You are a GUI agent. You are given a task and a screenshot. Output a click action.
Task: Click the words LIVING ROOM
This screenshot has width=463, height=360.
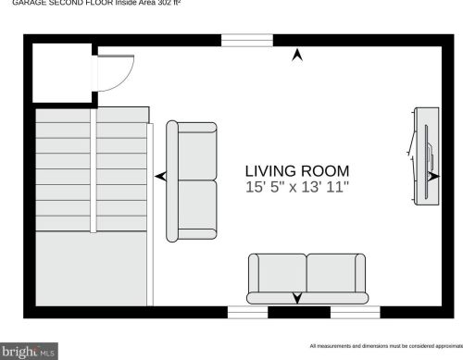[296, 170]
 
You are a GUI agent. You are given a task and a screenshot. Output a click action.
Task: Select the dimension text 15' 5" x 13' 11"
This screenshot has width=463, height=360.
[296, 187]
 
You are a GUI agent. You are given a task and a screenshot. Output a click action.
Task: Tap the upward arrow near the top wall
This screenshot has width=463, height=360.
[297, 56]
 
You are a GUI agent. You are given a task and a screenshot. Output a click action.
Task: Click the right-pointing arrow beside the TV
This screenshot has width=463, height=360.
[433, 175]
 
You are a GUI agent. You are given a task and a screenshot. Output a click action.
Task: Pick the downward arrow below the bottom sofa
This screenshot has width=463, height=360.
[297, 298]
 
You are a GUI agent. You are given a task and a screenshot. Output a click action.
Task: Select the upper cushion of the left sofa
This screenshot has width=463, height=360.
[195, 152]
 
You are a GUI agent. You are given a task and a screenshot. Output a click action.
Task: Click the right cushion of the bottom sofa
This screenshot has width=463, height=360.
[330, 274]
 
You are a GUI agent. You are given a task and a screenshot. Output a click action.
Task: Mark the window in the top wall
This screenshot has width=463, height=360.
[245, 40]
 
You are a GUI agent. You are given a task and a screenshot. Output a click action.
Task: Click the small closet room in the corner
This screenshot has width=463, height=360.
[61, 72]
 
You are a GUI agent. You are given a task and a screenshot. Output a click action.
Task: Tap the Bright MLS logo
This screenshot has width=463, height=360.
[29, 351]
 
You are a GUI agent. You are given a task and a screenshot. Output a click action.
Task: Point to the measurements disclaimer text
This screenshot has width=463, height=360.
[385, 344]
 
